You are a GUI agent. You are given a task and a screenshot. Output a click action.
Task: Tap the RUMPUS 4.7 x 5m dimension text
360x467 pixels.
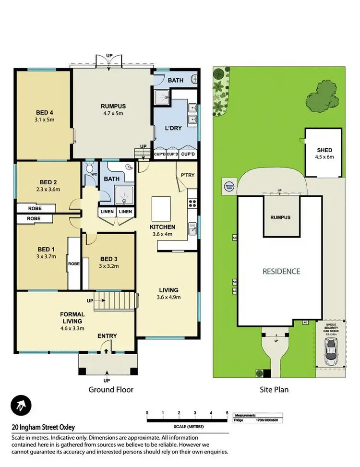pyautogui.click(x=112, y=114)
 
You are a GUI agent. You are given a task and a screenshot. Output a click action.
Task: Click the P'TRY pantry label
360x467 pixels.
pyautogui.click(x=188, y=175)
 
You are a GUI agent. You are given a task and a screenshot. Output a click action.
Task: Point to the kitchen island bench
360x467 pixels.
pyautogui.click(x=162, y=208)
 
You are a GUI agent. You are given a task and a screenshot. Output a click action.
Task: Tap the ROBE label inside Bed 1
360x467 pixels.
pyautogui.click(x=74, y=264)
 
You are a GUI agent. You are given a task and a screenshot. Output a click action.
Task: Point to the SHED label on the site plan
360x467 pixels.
pyautogui.click(x=324, y=150)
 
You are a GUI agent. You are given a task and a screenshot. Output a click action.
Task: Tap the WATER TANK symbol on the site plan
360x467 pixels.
pyautogui.click(x=228, y=185)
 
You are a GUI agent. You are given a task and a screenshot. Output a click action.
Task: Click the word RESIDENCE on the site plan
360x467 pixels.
pyautogui.click(x=281, y=271)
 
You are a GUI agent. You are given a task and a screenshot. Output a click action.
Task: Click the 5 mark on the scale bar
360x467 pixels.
pyautogui.click(x=227, y=412)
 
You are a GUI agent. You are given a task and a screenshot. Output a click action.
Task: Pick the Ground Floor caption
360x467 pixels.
pyautogui.click(x=111, y=390)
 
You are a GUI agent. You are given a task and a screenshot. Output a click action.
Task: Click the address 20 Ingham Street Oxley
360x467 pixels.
pyautogui.click(x=43, y=427)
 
